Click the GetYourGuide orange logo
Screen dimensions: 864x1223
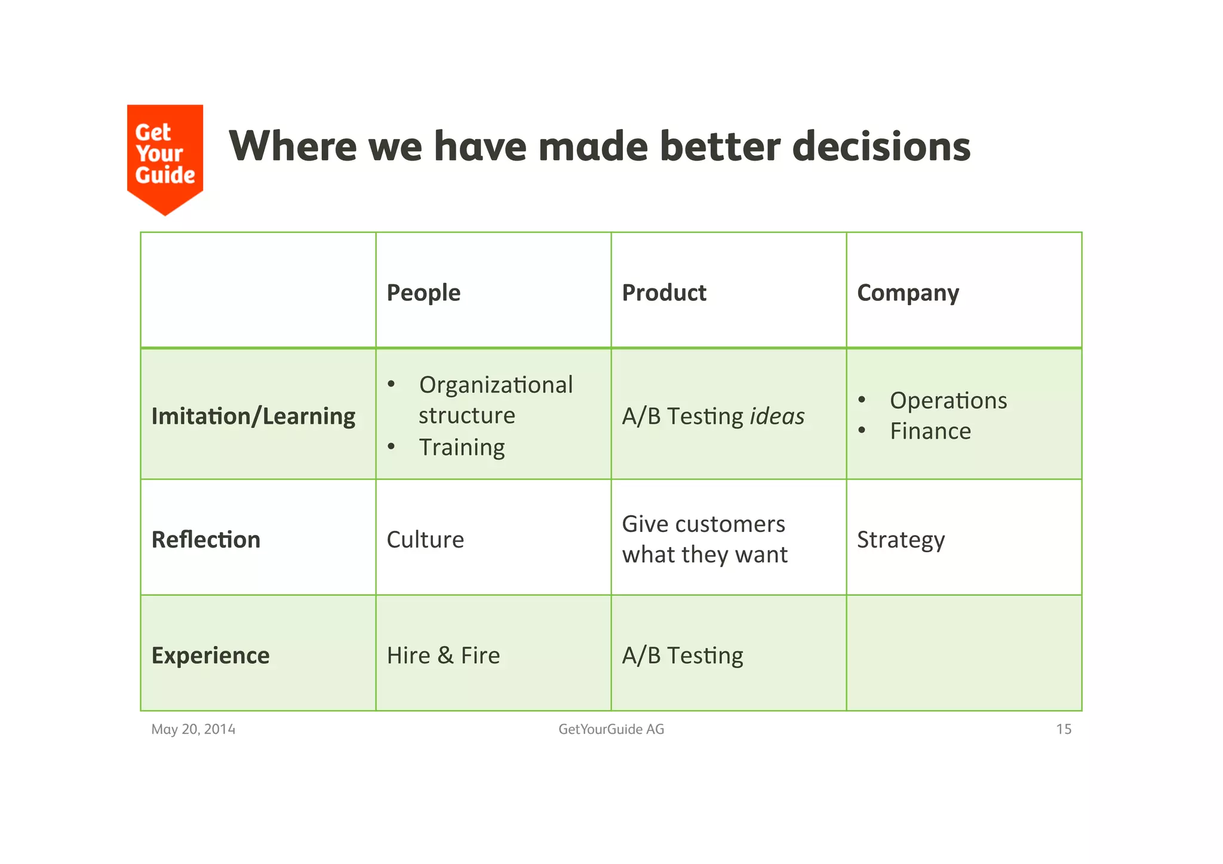(165, 155)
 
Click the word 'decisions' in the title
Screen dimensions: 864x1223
(881, 146)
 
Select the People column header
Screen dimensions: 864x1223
(423, 293)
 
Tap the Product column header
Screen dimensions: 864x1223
(663, 293)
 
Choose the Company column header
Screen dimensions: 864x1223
(908, 293)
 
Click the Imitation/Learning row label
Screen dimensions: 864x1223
(253, 416)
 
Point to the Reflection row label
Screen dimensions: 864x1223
(206, 540)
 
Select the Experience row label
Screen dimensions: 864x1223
(210, 656)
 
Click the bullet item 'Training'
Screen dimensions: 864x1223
(462, 447)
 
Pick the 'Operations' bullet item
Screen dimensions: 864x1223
(948, 401)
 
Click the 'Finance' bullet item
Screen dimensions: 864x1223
(930, 431)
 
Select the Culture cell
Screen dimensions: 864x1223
(425, 540)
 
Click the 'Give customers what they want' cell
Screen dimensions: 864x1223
(705, 539)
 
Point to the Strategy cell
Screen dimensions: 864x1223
(901, 540)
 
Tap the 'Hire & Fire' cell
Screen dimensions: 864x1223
(443, 656)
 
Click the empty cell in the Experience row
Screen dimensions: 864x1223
(963, 653)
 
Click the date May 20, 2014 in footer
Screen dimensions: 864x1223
(193, 729)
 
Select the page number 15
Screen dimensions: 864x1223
(1063, 729)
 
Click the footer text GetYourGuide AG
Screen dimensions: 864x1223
(611, 729)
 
